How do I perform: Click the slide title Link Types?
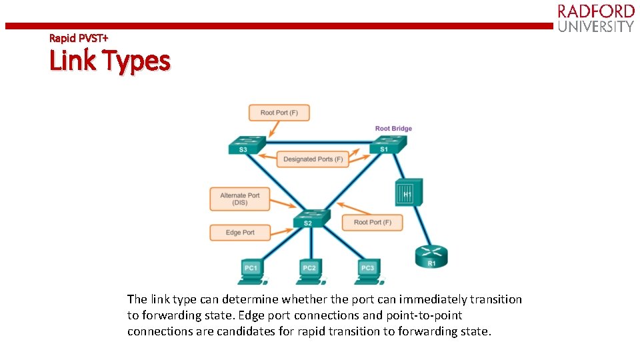click(110, 61)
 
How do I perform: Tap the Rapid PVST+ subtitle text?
click(79, 38)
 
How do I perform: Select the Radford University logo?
click(595, 18)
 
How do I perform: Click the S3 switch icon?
click(246, 145)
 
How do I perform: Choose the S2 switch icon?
click(311, 218)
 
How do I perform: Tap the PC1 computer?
click(251, 269)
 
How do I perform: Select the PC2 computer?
click(309, 269)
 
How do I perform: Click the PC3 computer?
click(367, 269)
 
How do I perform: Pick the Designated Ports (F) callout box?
click(313, 159)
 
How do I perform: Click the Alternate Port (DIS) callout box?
click(239, 199)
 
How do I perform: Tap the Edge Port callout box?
click(240, 233)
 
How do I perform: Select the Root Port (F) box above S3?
click(279, 113)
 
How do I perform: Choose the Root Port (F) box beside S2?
click(372, 222)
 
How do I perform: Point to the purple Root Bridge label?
click(393, 129)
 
